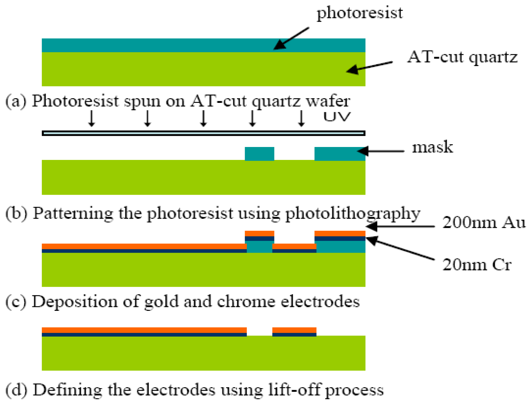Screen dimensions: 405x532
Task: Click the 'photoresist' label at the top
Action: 360,13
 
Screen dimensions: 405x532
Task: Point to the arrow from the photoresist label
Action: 291,39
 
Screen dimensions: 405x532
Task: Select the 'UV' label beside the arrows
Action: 337,117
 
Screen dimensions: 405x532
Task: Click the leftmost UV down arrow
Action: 91,118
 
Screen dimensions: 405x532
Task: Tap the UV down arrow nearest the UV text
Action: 301,118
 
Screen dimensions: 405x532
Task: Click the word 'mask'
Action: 432,148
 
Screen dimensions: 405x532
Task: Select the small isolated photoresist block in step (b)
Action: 259,154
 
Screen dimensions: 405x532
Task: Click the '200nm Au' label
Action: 484,223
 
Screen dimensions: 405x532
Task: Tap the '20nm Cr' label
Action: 477,265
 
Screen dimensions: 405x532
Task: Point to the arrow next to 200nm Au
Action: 400,226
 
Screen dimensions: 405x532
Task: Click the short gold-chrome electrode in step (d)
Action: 294,332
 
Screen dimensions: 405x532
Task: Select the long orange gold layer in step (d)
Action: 144,330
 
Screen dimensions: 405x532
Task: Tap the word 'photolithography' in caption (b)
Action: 353,214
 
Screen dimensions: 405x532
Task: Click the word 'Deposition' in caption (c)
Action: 75,302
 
